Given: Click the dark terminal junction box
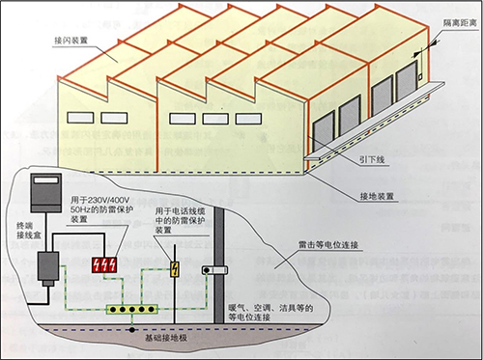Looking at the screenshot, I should [47, 267].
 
